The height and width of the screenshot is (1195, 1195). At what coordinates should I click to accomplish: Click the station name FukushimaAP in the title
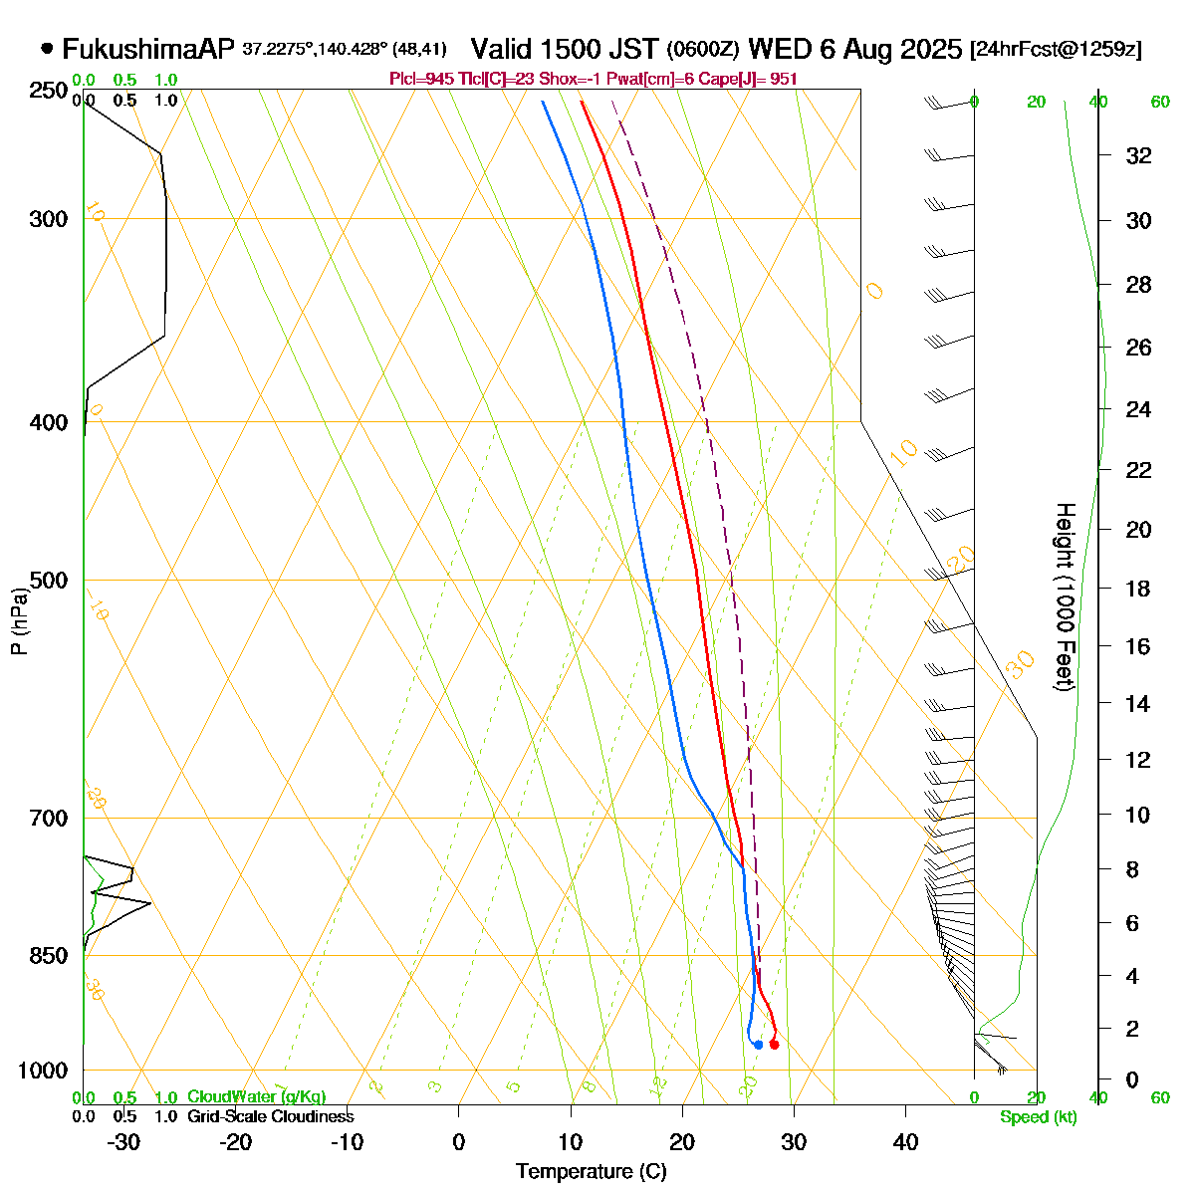[x=147, y=49]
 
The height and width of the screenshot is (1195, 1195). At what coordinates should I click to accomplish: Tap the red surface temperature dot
[x=774, y=1044]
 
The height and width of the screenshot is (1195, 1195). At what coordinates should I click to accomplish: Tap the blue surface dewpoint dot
[x=759, y=1044]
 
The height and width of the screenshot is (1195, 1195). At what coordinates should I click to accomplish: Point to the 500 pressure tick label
[x=49, y=580]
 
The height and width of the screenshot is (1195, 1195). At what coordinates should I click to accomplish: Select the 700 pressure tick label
[x=49, y=818]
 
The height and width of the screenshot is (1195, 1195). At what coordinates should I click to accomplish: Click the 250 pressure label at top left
[x=49, y=92]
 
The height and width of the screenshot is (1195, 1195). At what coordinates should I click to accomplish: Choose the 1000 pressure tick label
[x=44, y=1071]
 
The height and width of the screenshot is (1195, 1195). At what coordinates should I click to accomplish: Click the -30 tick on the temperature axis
[x=123, y=1142]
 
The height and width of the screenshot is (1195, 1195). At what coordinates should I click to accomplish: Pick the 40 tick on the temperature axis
[x=905, y=1142]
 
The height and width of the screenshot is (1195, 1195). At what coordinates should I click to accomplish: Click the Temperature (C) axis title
[x=591, y=1172]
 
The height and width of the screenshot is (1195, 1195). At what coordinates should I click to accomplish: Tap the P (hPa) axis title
[x=19, y=620]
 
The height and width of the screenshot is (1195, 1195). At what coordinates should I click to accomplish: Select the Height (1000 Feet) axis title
[x=1065, y=597]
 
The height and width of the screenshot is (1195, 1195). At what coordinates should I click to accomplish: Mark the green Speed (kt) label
[x=1039, y=1117]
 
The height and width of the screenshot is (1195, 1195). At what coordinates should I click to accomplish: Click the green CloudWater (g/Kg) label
[x=256, y=1097]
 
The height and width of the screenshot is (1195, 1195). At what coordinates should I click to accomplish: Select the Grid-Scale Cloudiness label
[x=270, y=1117]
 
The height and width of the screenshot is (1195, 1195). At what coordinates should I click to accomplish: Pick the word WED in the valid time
[x=785, y=49]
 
